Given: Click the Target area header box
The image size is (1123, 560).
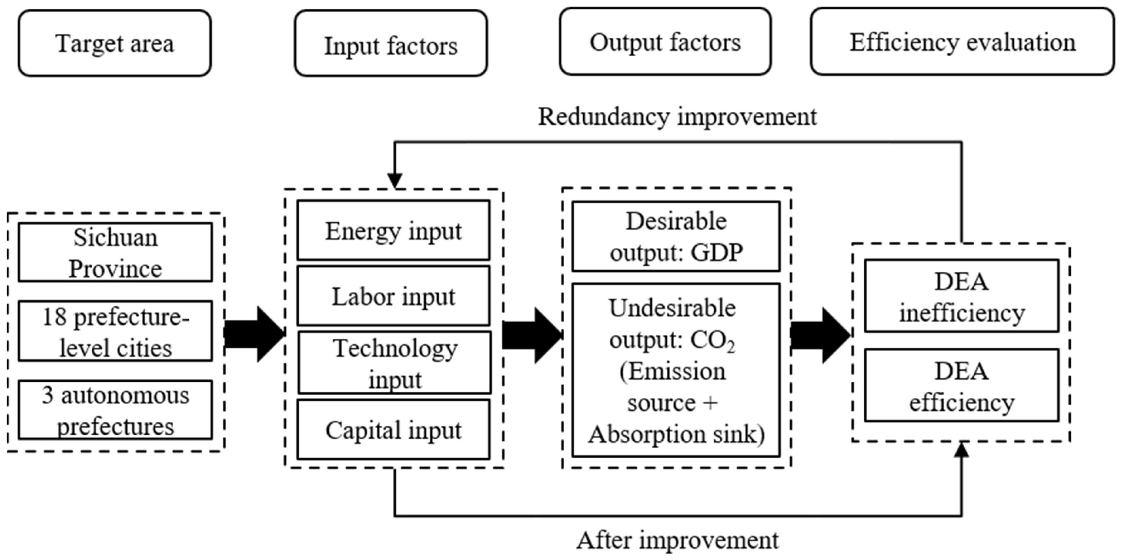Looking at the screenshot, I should (x=115, y=43).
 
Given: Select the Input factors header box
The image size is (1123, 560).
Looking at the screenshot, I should (x=391, y=44).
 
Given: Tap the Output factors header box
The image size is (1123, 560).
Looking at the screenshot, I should (x=665, y=42).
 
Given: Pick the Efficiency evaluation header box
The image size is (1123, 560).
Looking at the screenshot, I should (x=962, y=42).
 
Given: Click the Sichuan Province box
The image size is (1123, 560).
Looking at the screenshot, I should (x=115, y=253).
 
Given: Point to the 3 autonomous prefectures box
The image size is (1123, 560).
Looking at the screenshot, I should (x=115, y=410).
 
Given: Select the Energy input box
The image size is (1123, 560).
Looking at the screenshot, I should (x=393, y=230).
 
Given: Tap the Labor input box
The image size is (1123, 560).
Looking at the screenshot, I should (x=393, y=296).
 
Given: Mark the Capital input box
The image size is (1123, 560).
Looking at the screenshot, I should (x=393, y=430).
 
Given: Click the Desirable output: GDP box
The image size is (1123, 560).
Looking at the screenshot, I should (x=676, y=236).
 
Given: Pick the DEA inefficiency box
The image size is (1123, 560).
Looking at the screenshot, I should (x=962, y=296).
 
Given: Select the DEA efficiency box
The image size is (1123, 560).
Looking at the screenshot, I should (x=962, y=385).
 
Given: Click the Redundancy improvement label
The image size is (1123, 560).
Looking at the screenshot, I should (x=677, y=117).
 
